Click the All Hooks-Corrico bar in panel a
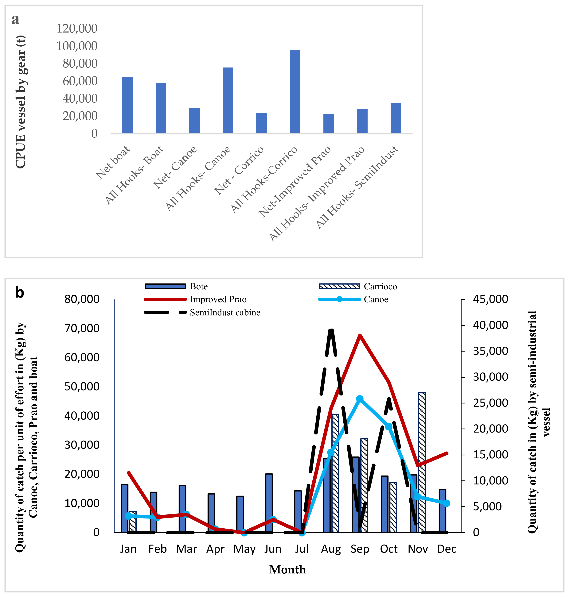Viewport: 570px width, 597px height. [295, 91]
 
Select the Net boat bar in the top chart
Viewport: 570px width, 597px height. [127, 105]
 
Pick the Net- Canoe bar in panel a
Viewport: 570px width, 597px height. [194, 121]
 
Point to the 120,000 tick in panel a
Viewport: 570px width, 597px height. [77, 29]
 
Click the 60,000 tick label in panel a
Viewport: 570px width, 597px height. [80, 81]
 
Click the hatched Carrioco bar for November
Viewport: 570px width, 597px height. [422, 462]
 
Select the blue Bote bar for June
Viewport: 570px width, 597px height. [269, 503]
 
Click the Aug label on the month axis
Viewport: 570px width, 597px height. [331, 549]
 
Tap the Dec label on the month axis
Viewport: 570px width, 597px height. [447, 549]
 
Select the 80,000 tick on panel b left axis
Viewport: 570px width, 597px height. [82, 299]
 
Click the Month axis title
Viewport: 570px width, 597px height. [287, 570]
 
